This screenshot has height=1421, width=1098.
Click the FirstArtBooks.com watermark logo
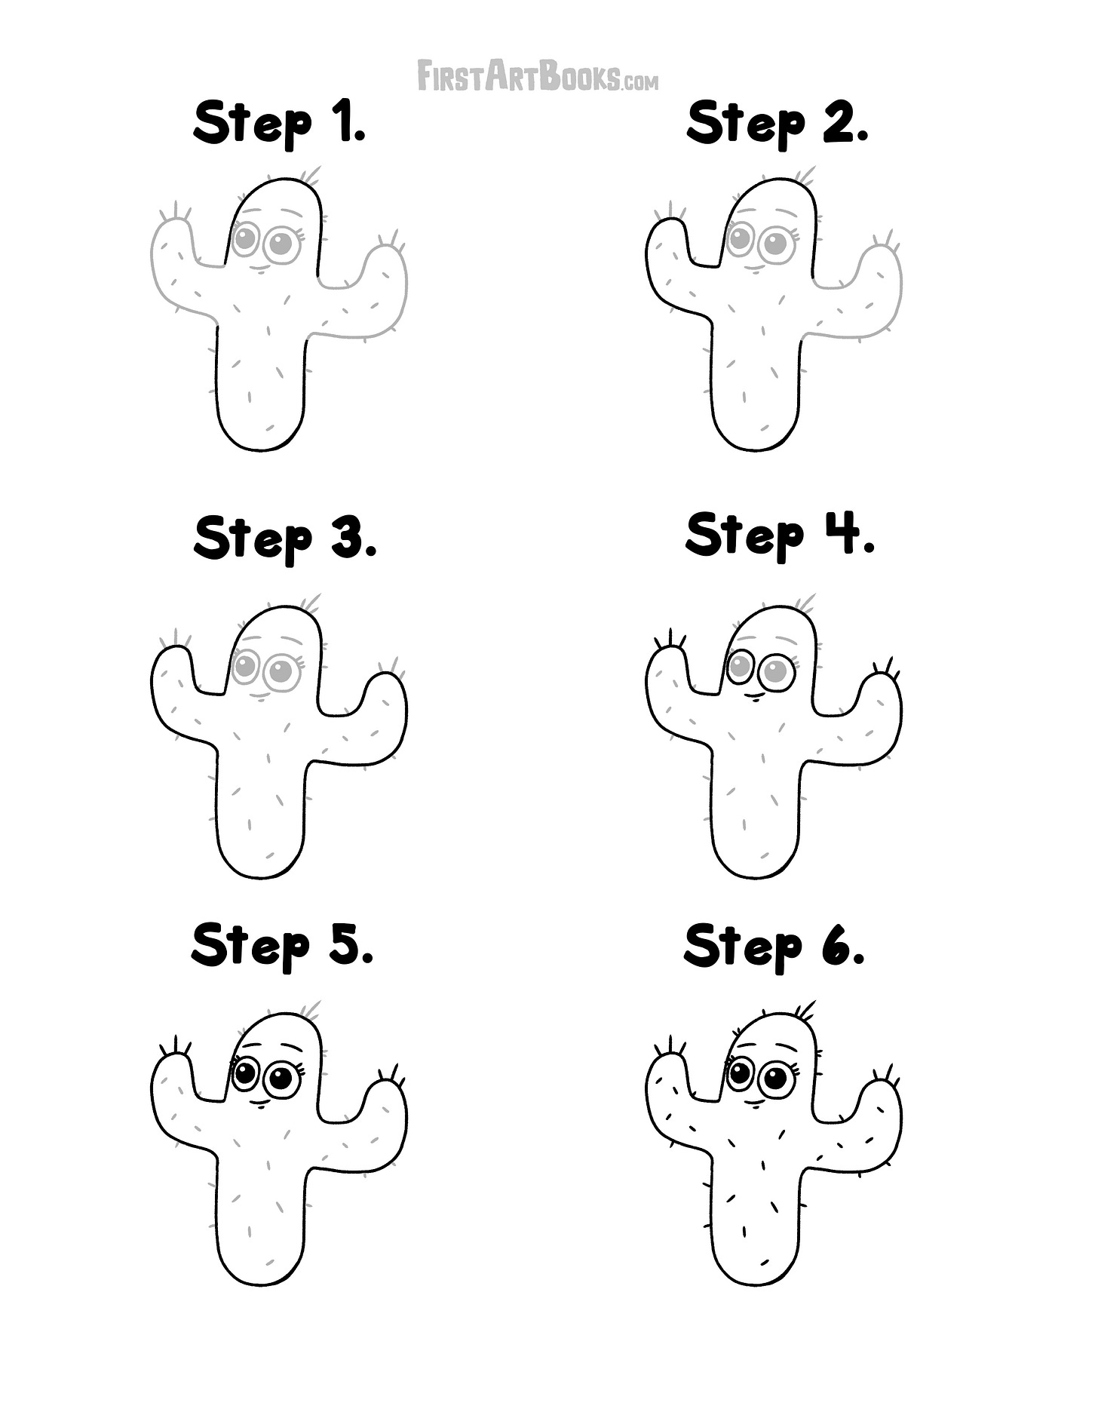(x=538, y=78)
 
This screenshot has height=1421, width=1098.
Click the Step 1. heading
(x=280, y=124)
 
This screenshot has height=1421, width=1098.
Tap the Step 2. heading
(x=777, y=124)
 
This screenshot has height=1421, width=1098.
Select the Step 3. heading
(x=284, y=539)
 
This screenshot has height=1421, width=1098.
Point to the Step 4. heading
(x=780, y=536)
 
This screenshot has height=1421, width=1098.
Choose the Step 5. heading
(x=282, y=946)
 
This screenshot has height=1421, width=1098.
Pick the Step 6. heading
(x=774, y=946)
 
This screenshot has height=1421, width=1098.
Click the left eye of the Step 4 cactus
(x=740, y=666)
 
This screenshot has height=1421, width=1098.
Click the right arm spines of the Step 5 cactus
(x=391, y=1075)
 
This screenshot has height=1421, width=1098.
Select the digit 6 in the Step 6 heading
(x=836, y=946)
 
